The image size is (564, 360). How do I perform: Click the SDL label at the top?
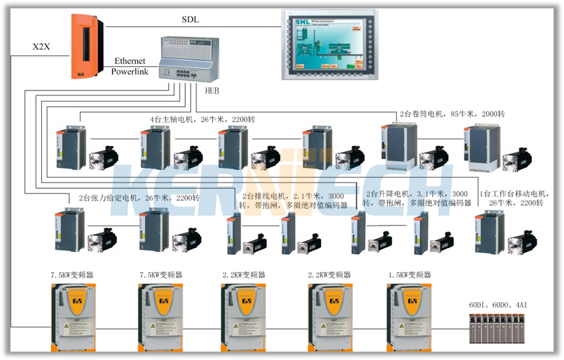(x=190, y=19)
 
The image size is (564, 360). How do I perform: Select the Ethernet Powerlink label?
(x=130, y=66)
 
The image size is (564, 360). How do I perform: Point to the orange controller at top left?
(x=86, y=46)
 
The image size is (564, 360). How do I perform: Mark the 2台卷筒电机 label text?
(x=452, y=114)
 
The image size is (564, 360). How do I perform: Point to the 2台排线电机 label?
(x=292, y=200)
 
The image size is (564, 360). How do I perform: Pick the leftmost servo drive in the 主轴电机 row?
(x=70, y=148)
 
